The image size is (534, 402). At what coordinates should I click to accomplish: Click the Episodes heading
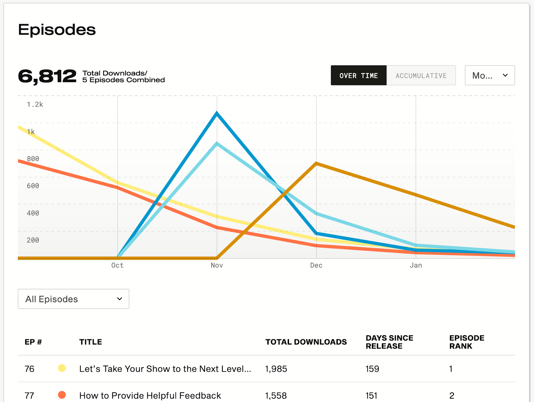[x=57, y=30]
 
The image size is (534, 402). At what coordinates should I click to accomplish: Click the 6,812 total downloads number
[x=47, y=76]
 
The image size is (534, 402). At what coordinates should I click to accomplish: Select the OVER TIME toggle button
[x=358, y=75]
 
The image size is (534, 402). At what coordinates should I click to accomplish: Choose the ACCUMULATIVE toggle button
[x=421, y=75]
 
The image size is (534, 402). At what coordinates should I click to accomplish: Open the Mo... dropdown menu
[x=490, y=75]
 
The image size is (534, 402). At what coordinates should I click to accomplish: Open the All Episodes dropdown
[x=73, y=299]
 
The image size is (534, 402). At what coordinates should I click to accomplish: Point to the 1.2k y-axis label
[x=35, y=105]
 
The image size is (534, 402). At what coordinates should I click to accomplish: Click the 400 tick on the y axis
[x=33, y=213]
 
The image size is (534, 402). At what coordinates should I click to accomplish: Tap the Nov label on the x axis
[x=217, y=265]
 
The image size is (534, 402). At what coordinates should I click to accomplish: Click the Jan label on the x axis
[x=416, y=265]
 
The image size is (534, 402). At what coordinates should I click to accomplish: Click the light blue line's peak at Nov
[x=217, y=144]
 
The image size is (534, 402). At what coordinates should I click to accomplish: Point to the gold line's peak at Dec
[x=316, y=164]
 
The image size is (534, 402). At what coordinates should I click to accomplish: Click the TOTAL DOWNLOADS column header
[x=306, y=342]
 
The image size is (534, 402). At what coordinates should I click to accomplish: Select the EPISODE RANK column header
[x=467, y=342]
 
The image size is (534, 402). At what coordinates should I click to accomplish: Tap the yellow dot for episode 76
[x=62, y=368]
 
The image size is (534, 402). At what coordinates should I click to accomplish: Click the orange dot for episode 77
[x=62, y=395]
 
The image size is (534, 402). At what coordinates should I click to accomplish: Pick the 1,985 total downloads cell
[x=276, y=369]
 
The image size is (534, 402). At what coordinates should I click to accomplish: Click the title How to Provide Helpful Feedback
[x=150, y=396]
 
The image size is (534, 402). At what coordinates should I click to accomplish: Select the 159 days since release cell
[x=372, y=369]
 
